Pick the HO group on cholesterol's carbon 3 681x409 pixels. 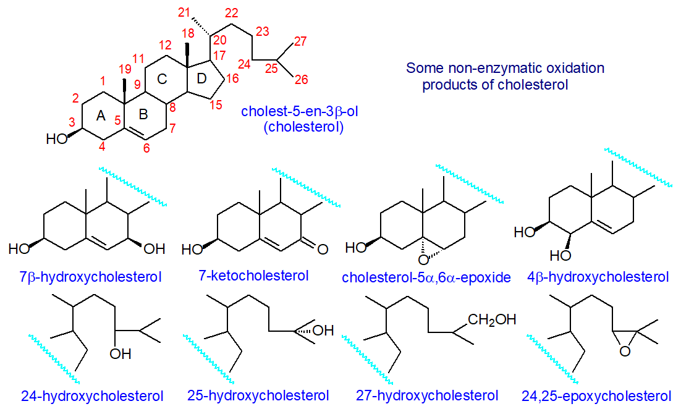point(58,138)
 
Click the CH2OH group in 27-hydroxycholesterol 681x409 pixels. point(492,319)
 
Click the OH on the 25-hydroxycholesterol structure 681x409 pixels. point(323,331)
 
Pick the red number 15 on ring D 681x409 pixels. point(214,105)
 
